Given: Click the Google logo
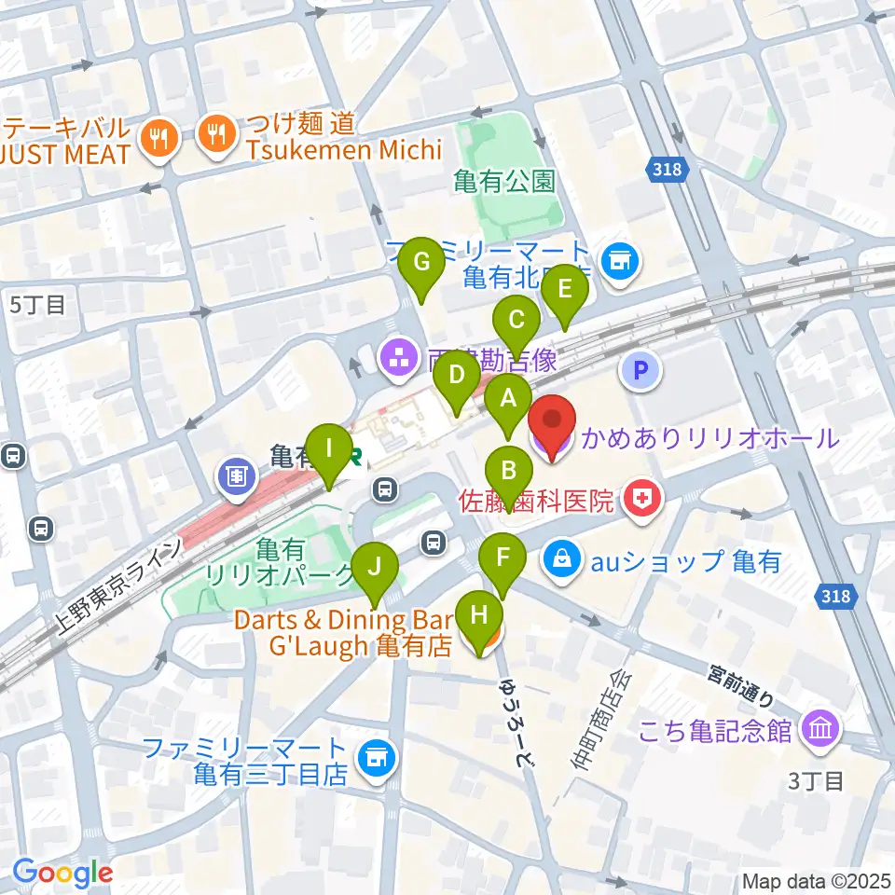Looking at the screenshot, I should (62, 873).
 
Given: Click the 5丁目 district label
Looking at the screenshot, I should (37, 304).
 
